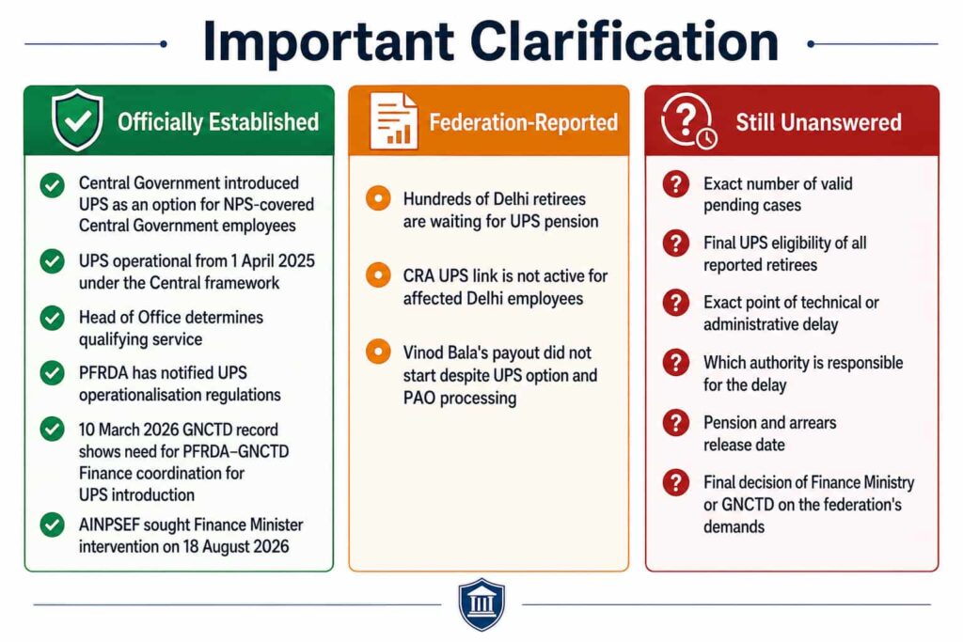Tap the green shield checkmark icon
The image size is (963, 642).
77,120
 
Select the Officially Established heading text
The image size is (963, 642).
218,122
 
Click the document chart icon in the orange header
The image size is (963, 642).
394,121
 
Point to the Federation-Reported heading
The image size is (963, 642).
523,122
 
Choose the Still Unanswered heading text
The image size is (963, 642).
819,122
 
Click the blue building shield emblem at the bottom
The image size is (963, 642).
481,604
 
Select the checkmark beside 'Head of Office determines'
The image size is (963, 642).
53,318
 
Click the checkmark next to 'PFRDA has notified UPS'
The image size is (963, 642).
53,373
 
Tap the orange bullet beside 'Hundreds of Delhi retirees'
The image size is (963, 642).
378,198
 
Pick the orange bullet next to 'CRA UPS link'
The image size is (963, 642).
378,275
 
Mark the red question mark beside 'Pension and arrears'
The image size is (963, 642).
675,423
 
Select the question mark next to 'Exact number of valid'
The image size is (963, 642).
675,183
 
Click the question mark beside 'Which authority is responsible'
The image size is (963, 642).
675,363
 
